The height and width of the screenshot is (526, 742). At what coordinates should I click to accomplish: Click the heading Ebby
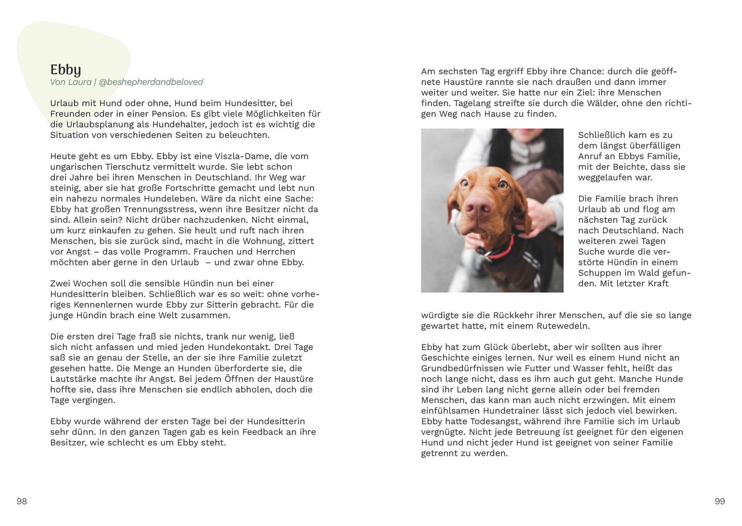65,70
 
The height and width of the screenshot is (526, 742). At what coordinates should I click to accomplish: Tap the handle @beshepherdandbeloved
151,82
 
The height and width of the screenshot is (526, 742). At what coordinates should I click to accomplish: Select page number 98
22,501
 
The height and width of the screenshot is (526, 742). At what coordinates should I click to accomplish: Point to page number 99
720,501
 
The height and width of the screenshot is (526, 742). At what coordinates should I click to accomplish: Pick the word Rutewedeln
563,326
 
